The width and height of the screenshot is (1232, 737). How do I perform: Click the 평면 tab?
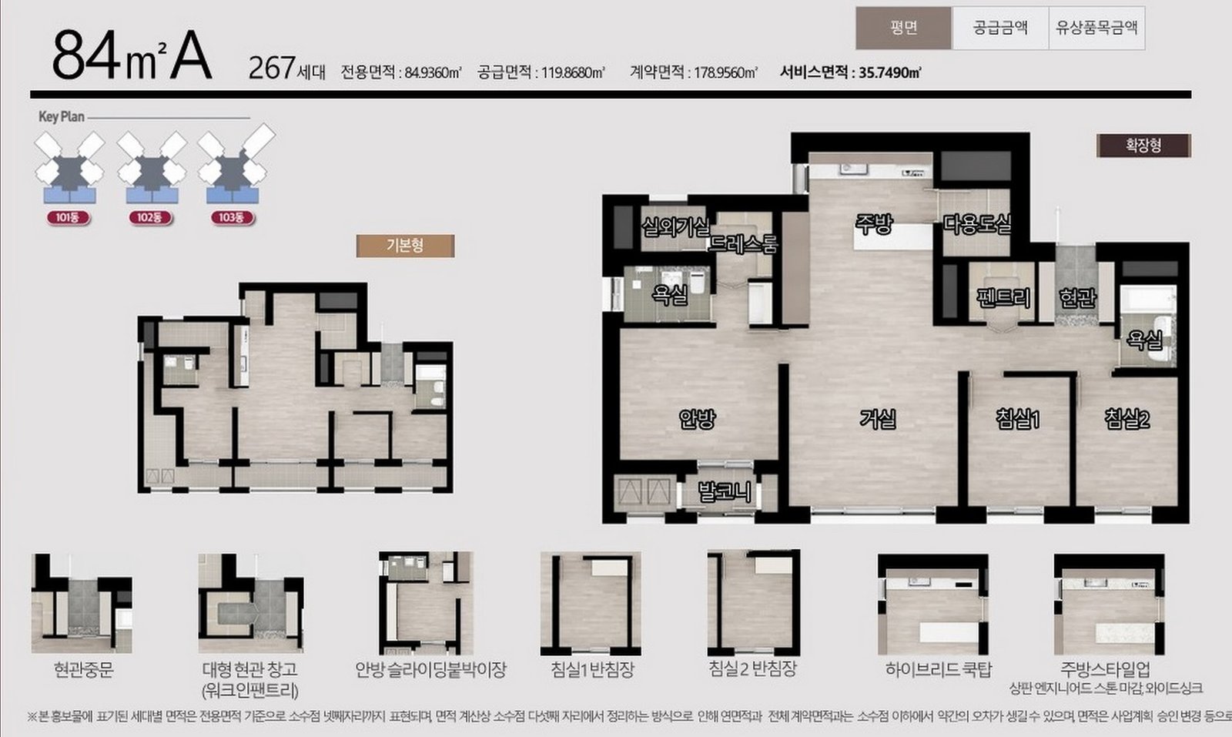coord(904,28)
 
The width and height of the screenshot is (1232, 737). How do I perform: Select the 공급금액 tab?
coord(1000,28)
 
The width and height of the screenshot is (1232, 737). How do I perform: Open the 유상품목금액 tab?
coord(1096,28)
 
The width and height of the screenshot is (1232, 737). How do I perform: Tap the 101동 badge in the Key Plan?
coord(69,218)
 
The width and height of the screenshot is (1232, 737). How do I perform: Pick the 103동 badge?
coord(232,218)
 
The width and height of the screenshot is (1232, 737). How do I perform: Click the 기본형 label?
coord(405,246)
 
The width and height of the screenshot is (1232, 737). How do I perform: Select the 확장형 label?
coord(1144,146)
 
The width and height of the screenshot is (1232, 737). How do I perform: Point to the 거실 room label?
coord(879,419)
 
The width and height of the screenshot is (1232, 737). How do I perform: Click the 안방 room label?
coord(697,419)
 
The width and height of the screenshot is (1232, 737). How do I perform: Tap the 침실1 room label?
coord(1018,419)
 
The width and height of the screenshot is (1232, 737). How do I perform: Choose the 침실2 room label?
coord(1127,419)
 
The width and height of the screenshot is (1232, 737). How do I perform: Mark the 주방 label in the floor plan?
coord(874,223)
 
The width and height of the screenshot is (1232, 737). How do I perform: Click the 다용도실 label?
coord(977,224)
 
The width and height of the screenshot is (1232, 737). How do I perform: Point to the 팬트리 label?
coord(1004,297)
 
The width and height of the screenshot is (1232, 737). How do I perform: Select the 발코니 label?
coord(725,491)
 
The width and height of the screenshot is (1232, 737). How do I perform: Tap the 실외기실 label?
coord(675,226)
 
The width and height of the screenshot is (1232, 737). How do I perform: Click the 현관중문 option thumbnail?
coord(82,603)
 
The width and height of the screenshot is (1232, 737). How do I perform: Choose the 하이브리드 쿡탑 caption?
coord(939,669)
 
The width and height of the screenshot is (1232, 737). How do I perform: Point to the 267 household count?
coord(272,69)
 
